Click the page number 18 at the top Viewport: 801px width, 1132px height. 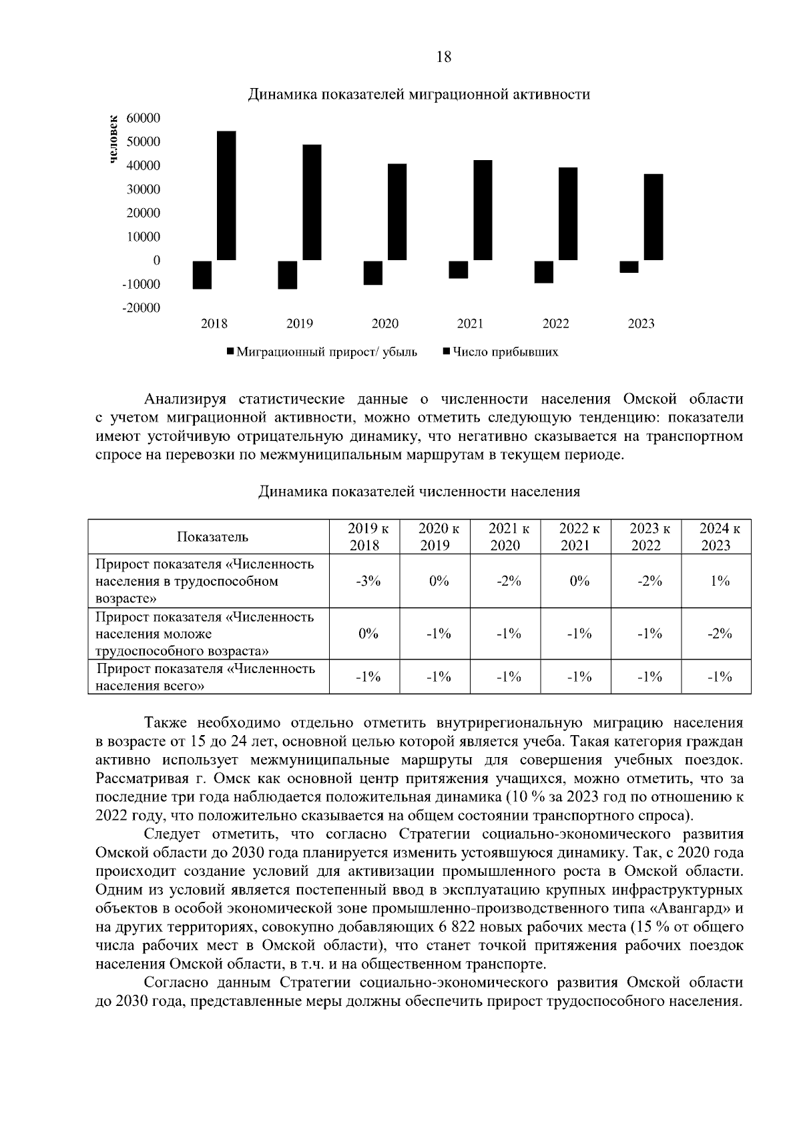coord(443,57)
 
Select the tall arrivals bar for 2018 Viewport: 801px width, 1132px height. coord(226,195)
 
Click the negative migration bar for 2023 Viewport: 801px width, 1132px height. coord(629,267)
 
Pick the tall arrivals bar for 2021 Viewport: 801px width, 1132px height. coord(483,210)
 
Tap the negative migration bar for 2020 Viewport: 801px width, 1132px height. coord(372,273)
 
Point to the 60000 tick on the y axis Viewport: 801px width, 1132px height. coord(144,118)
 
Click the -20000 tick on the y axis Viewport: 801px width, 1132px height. coord(142,308)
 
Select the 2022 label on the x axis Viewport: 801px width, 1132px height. coord(555,324)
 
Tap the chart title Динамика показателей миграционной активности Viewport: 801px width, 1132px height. coord(419,94)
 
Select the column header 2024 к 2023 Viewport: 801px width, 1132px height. coord(716,537)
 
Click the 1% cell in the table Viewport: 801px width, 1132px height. coord(720,581)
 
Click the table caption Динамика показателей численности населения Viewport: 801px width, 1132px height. coord(419,492)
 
